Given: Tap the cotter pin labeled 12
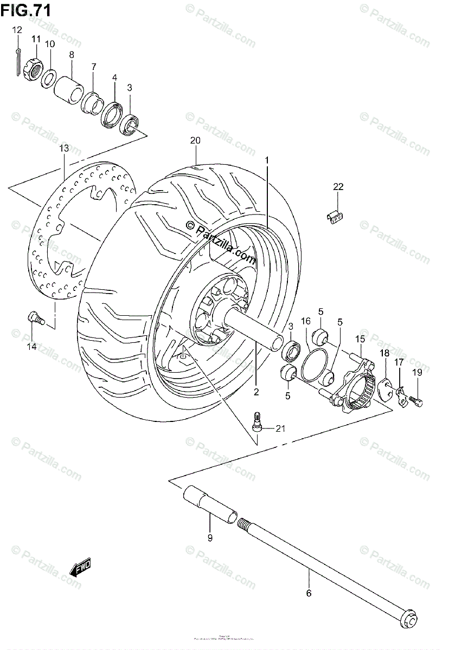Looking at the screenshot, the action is tap(18, 60).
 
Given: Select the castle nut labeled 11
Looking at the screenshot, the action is tap(34, 70).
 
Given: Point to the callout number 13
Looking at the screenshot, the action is tap(64, 148).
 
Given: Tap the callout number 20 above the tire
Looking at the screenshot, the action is tap(195, 140).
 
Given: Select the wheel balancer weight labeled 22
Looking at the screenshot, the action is tap(337, 216).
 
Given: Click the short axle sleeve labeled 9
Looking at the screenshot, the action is tap(212, 504).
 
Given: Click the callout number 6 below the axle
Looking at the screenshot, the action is tap(309, 593).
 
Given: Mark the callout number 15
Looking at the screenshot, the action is tap(360, 339).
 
